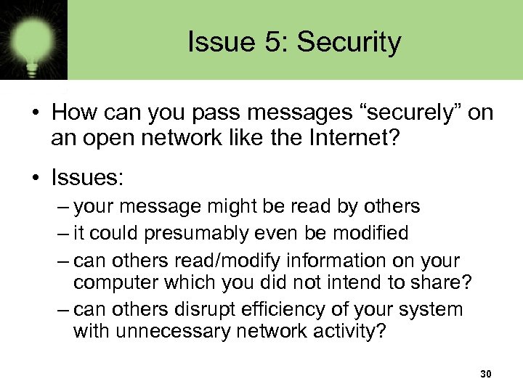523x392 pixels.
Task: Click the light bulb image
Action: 33,39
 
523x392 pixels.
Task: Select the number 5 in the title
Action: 269,42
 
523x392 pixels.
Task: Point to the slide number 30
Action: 486,375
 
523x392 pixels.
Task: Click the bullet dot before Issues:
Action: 35,176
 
